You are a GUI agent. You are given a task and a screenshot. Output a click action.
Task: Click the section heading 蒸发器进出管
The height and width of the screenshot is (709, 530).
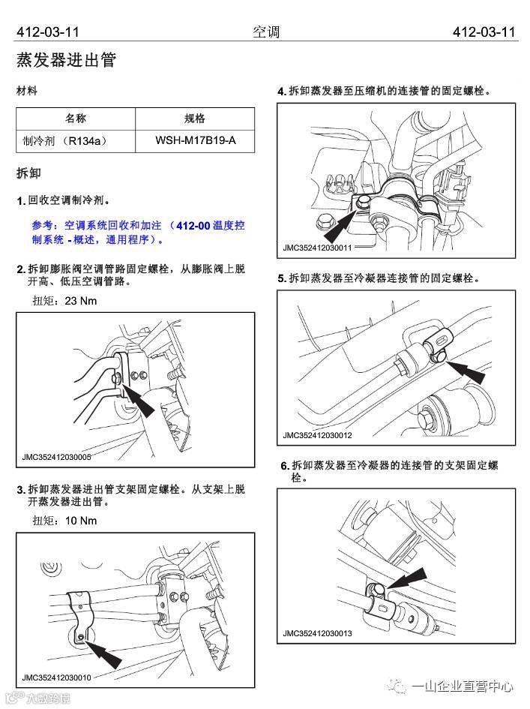[66, 61]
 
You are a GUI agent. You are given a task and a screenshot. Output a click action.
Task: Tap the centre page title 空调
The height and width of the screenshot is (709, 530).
[265, 32]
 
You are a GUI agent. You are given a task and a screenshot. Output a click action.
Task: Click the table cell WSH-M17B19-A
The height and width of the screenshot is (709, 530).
[195, 140]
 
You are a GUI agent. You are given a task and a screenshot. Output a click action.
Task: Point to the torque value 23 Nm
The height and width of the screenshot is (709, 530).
[81, 301]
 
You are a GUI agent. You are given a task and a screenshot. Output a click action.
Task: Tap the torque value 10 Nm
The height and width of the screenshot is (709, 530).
[81, 520]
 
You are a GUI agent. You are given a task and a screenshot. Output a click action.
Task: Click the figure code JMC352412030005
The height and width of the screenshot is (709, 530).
[57, 456]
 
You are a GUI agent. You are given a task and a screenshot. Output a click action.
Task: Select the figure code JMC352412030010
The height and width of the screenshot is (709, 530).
[57, 677]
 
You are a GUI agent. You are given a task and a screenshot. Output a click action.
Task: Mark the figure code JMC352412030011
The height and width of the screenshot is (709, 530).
[317, 247]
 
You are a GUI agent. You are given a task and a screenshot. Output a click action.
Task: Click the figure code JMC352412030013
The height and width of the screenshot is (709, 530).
[317, 634]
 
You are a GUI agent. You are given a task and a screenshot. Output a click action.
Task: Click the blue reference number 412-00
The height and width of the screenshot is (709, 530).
[198, 224]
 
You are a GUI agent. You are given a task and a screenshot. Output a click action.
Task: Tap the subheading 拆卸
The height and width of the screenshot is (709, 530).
[28, 173]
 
